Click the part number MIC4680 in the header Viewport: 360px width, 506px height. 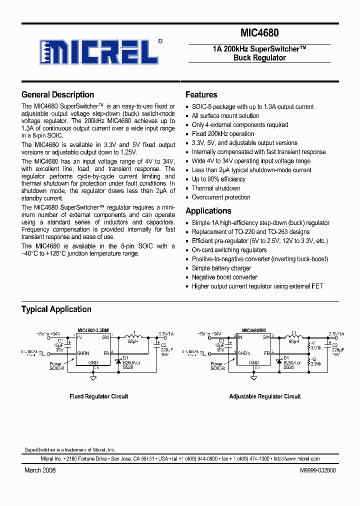click(259, 33)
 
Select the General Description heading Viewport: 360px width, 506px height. click(57, 94)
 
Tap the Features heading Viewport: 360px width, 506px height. click(201, 94)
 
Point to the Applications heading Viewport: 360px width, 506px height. click(208, 210)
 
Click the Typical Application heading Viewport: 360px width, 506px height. click(56, 309)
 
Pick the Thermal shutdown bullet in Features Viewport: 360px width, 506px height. click(216, 188)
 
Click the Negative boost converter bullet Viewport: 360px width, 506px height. click(224, 277)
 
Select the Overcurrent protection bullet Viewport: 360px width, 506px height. click(221, 197)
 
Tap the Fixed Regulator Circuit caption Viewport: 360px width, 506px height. click(98, 396)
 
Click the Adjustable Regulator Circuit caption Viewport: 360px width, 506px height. click(265, 396)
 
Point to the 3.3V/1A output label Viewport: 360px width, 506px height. click(165, 333)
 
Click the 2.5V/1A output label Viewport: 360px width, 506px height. click(335, 333)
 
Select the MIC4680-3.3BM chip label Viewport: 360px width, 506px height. click(93, 330)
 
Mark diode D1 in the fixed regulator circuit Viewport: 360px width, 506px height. click(118, 361)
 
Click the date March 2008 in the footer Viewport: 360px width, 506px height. click(40, 470)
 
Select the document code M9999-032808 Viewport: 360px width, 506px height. click(317, 470)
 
